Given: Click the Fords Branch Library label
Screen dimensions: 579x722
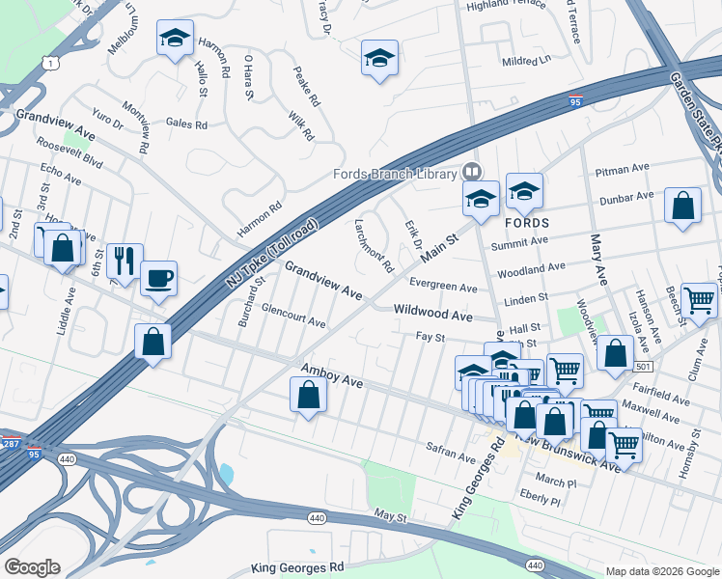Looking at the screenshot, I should tap(394, 174).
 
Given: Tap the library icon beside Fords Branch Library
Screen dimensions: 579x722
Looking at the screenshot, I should tap(472, 171).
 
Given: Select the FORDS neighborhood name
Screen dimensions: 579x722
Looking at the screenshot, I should tap(527, 219).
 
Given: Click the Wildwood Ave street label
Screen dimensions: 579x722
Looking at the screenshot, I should tap(433, 315).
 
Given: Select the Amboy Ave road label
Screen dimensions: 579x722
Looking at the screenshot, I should tap(332, 376).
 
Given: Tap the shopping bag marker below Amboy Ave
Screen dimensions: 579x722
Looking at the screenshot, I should tap(308, 395).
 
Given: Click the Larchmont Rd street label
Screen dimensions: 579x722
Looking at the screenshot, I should tap(375, 244).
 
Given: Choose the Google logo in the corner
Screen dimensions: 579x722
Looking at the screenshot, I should tap(32, 567).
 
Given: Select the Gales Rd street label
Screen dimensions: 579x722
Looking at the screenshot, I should tap(186, 124).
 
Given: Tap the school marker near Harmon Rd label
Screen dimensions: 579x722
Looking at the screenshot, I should tap(175, 39).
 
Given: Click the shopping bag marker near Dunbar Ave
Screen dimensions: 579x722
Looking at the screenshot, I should tap(683, 207).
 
